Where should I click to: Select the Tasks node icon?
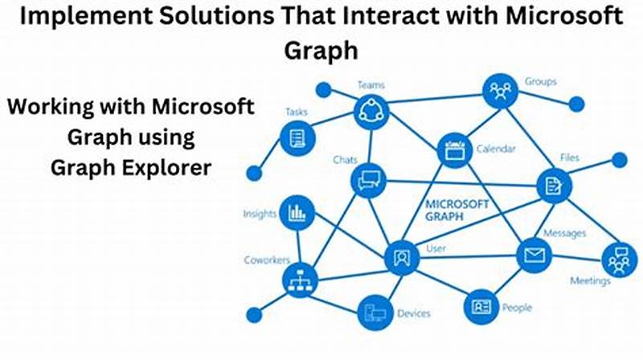click(x=296, y=140)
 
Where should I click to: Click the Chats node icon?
click(x=368, y=178)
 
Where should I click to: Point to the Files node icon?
click(x=555, y=186)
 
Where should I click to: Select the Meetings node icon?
click(x=617, y=260)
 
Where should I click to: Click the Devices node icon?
click(x=375, y=312)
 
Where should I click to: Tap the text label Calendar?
click(x=496, y=149)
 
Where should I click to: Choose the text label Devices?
click(x=414, y=313)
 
